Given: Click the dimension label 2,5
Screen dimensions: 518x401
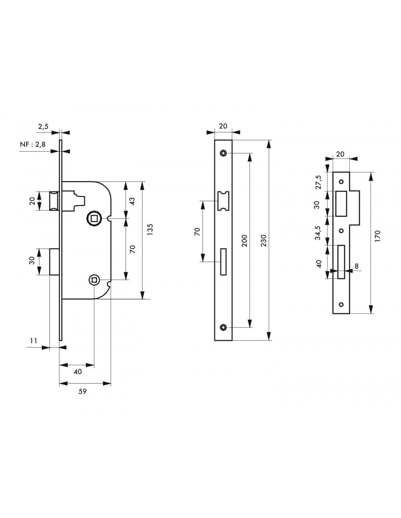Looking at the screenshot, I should point(43,126).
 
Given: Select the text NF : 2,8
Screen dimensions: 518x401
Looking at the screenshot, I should point(33,145).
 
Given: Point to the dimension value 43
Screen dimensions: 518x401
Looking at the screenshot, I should point(132,201).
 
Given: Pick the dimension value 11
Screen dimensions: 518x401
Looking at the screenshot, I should point(34,341).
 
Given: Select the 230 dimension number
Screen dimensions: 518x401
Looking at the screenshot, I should point(264,240).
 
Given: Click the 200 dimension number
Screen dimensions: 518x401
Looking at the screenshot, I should point(245,240).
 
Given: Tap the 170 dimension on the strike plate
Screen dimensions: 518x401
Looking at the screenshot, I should point(377,237).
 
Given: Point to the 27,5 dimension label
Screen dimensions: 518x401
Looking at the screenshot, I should point(318,182).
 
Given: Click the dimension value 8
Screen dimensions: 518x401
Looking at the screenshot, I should point(357,266).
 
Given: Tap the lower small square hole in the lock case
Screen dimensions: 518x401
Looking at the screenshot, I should point(94,280).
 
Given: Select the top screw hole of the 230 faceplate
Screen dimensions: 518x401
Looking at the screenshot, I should point(223,153).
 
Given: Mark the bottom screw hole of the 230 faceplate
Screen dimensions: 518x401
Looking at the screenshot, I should point(223,327).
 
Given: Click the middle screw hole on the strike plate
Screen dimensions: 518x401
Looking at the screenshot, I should point(342,231).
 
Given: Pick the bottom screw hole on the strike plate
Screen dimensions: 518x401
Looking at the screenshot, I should point(342,304).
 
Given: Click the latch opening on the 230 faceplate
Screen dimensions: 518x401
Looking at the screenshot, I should point(223,201).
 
